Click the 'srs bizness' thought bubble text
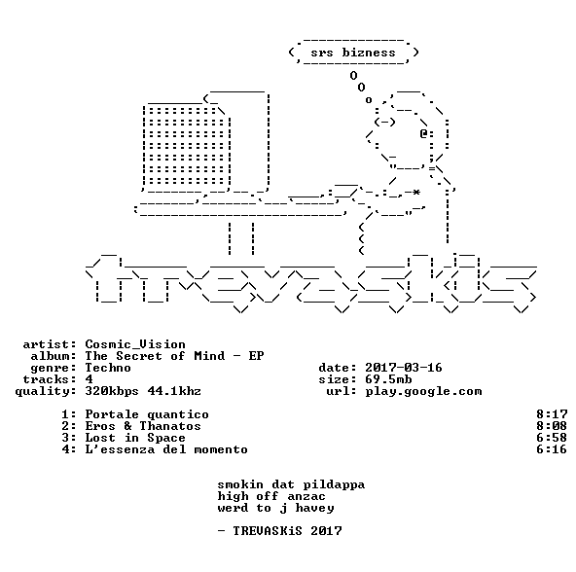[353, 53]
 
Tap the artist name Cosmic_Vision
[135, 344]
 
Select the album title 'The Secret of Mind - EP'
[174, 356]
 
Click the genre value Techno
[108, 368]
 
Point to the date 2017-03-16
[404, 368]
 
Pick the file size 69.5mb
[388, 379]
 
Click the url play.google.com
[423, 391]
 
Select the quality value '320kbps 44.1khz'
[143, 391]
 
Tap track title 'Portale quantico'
[147, 414]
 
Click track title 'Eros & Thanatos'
[143, 426]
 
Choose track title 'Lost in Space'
[135, 438]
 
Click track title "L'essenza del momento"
[166, 449]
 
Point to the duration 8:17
[552, 414]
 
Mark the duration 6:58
[552, 438]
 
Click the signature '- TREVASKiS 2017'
[279, 531]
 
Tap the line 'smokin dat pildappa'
[291, 484]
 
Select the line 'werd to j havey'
[276, 508]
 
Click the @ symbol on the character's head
[423, 133]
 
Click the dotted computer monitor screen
[187, 146]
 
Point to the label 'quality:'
[46, 391]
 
